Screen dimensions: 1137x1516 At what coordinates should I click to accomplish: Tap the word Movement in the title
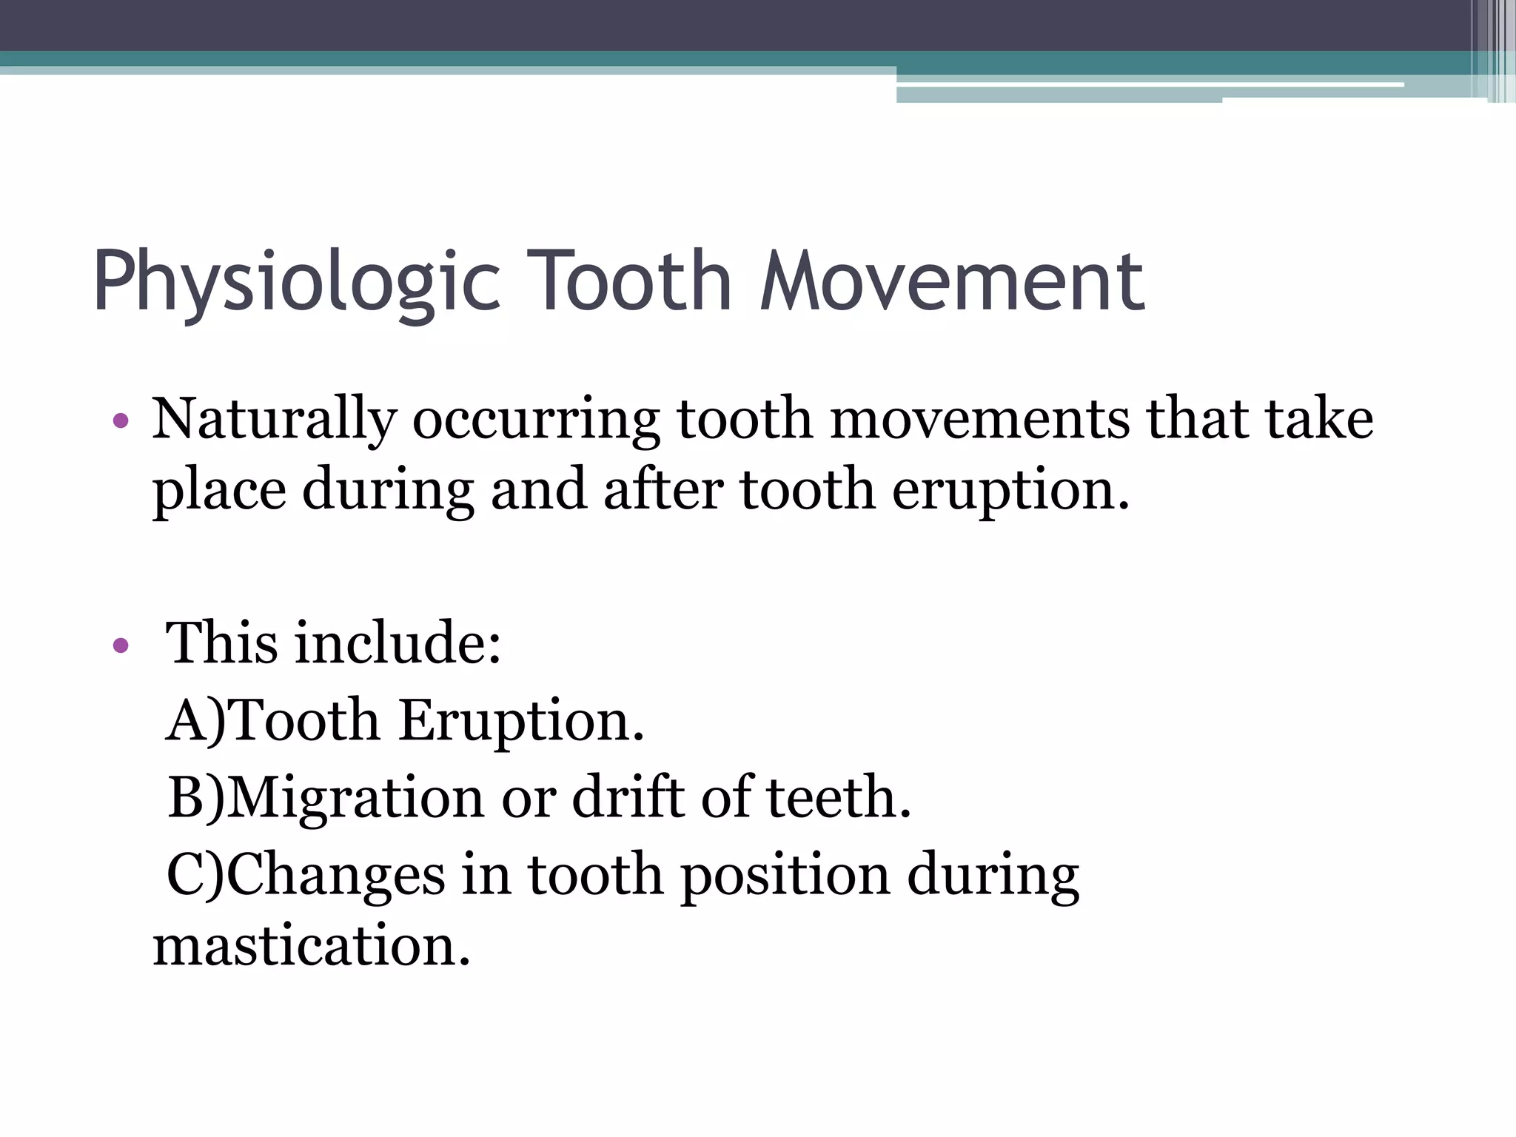click(x=953, y=281)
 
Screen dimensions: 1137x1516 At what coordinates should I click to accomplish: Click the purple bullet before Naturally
click(x=121, y=422)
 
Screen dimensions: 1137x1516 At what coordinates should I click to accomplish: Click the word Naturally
click(x=274, y=420)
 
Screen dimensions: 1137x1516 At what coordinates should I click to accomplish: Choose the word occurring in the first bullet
click(x=536, y=420)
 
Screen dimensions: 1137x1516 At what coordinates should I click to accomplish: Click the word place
click(x=219, y=492)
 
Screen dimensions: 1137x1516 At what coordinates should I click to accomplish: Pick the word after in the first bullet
click(x=663, y=490)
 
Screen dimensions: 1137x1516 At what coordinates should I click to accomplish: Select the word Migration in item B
click(x=355, y=799)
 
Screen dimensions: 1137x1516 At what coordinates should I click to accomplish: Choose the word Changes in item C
click(x=335, y=876)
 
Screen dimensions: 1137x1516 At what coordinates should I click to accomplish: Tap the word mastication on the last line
click(x=311, y=947)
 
